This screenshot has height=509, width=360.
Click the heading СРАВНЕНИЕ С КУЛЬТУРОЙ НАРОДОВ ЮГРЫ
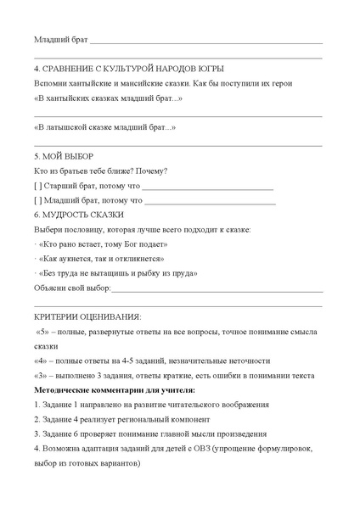[135, 69]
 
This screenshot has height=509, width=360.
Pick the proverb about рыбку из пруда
[118, 273]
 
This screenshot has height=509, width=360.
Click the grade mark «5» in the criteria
[42, 331]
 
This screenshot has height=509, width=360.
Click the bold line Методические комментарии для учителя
[115, 389]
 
